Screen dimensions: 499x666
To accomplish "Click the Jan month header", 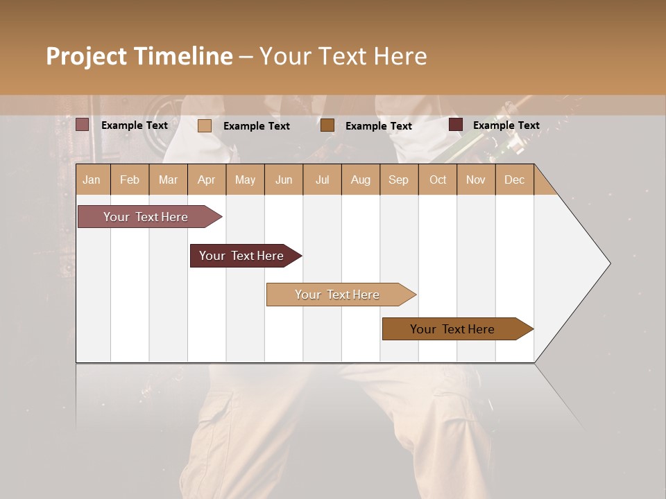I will tap(92, 180).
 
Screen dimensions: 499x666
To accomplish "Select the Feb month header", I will tap(130, 180).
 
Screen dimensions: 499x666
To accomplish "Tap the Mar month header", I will tap(168, 180).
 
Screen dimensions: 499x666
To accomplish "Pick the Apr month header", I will tap(206, 180).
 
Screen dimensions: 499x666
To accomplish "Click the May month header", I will tap(245, 180).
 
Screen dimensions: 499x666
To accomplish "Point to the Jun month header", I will tap(284, 180).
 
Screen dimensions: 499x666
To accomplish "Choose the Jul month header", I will tap(322, 180).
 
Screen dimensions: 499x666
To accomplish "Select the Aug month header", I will tap(360, 180).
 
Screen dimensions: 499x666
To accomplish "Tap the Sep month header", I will tap(398, 180).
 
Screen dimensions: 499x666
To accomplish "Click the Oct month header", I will tap(438, 180).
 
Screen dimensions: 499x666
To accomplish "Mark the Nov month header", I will tap(476, 180).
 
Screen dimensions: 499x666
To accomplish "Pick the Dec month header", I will tap(514, 180).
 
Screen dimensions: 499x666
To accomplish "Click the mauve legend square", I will tap(83, 125).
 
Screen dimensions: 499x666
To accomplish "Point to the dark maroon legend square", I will tap(456, 125).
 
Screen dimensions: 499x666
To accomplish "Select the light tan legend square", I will tap(205, 125).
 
